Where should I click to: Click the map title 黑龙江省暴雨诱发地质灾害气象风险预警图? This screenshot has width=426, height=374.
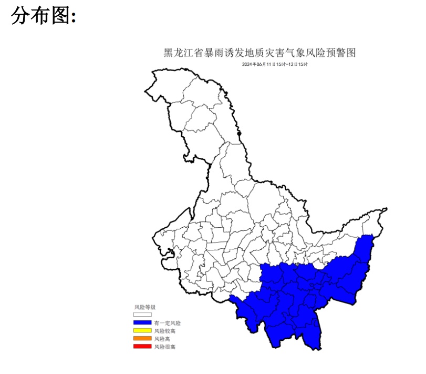[x=261, y=53]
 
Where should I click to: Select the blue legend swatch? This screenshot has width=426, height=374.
[x=143, y=322]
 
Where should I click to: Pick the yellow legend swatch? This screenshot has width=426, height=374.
[x=143, y=330]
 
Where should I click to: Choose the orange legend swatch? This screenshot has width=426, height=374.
[x=143, y=338]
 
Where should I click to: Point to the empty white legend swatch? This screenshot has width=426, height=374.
[x=143, y=315]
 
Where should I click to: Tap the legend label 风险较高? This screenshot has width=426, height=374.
[x=165, y=331]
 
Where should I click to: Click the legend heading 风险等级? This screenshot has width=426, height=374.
[x=145, y=307]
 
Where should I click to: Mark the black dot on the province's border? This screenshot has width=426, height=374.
[x=240, y=134]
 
